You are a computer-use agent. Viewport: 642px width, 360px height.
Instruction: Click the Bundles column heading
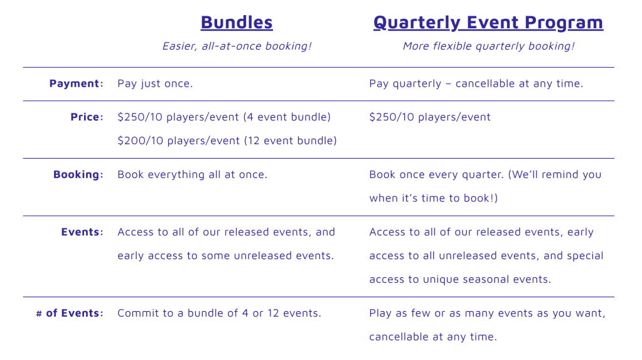coord(237,23)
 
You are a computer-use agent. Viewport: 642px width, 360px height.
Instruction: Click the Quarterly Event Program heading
coord(488,23)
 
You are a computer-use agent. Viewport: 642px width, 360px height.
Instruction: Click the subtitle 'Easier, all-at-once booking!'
coord(237,46)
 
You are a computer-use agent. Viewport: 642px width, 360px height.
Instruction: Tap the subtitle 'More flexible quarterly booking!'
coord(488,46)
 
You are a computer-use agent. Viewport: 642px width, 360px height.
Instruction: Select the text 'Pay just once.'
coord(155,84)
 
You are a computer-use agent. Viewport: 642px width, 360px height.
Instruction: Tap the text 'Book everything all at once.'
coord(192,175)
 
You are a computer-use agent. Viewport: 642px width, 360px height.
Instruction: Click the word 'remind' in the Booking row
coord(560,175)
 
